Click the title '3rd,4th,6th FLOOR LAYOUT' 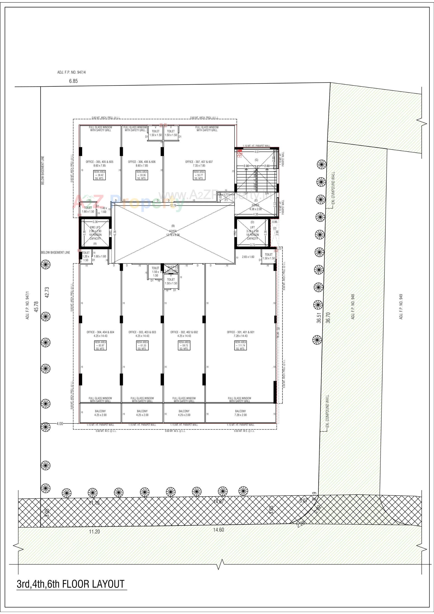(71, 584)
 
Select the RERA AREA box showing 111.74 (240, 345)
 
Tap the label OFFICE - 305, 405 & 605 (99, 162)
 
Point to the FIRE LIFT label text (95, 227)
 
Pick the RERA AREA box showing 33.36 (142, 175)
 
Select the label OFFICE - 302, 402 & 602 (184, 332)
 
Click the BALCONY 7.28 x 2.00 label (240, 413)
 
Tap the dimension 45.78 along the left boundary (36, 306)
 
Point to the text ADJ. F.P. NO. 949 (401, 307)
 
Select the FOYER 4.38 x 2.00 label (255, 207)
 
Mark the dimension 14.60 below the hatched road (218, 530)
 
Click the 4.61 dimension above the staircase (257, 152)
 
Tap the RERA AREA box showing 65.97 (100, 345)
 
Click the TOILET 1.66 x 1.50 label (88, 209)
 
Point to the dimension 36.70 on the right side (328, 318)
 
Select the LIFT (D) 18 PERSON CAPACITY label (252, 233)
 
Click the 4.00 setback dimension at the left (60, 423)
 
